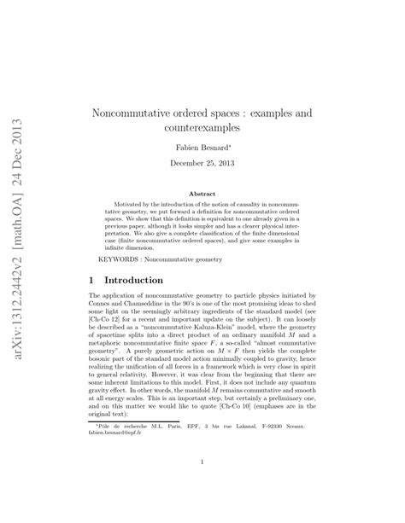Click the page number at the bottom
202,463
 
